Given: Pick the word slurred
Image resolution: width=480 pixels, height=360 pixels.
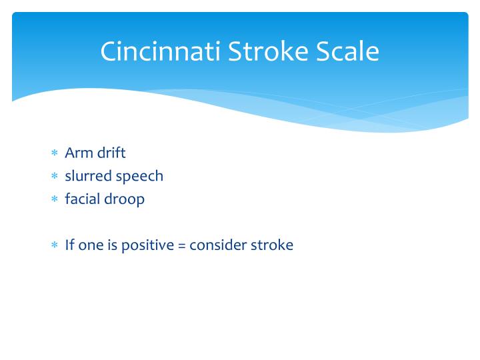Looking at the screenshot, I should pos(88,176).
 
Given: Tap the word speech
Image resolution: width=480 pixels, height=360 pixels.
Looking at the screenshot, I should pos(139,177).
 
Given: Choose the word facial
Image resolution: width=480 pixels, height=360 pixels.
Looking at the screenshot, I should pos(82,199).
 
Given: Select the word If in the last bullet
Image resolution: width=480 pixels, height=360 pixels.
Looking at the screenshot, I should pos(70,245).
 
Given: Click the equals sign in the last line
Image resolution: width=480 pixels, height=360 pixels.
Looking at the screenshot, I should pos(181,245).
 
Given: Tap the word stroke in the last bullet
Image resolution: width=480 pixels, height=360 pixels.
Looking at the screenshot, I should pos(271,245).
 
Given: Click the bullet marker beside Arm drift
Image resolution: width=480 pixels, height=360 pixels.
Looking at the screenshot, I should pos(55,153).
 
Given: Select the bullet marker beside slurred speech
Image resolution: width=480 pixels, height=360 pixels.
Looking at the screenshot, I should pos(55,177).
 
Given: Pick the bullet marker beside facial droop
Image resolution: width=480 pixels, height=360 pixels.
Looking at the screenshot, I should pos(55,200).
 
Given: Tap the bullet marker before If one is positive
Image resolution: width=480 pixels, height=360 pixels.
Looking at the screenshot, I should pos(55,245).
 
